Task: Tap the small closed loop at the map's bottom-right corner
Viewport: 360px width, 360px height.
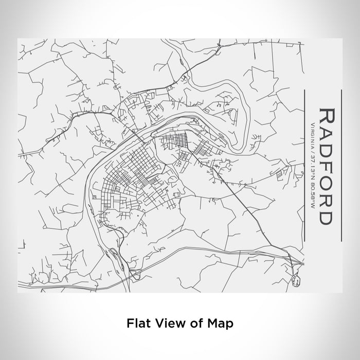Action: coord(295,280)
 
